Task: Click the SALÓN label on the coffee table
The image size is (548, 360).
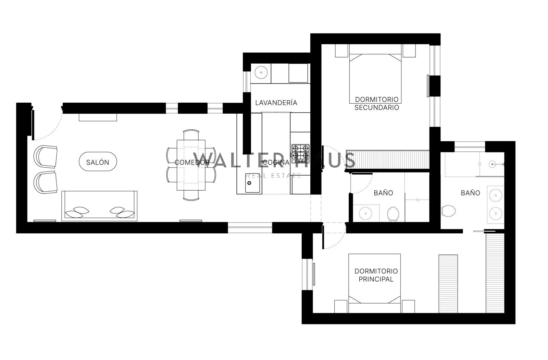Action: point(98,162)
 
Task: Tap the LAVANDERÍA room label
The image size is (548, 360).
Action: point(276,103)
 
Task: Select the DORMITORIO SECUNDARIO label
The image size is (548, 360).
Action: point(377,103)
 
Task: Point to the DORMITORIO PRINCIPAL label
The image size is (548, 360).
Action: point(376,275)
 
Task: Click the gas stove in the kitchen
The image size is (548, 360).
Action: point(300,154)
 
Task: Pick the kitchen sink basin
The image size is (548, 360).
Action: point(253,183)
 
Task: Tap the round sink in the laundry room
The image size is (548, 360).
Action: point(261,73)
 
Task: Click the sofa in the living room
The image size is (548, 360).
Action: point(99,206)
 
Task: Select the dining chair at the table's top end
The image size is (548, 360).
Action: point(191,135)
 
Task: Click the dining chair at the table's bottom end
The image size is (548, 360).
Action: point(191,195)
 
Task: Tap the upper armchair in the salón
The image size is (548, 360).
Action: point(46,156)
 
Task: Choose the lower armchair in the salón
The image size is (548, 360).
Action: point(46,182)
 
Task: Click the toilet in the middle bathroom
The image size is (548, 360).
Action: point(393,215)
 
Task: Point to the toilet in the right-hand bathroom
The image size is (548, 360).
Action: point(448,211)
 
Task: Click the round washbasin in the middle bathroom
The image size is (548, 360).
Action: point(365,213)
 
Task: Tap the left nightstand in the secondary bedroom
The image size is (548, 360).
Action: point(341,51)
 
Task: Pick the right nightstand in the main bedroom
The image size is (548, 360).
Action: point(408,307)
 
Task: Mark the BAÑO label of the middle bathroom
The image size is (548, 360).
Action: point(383,193)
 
